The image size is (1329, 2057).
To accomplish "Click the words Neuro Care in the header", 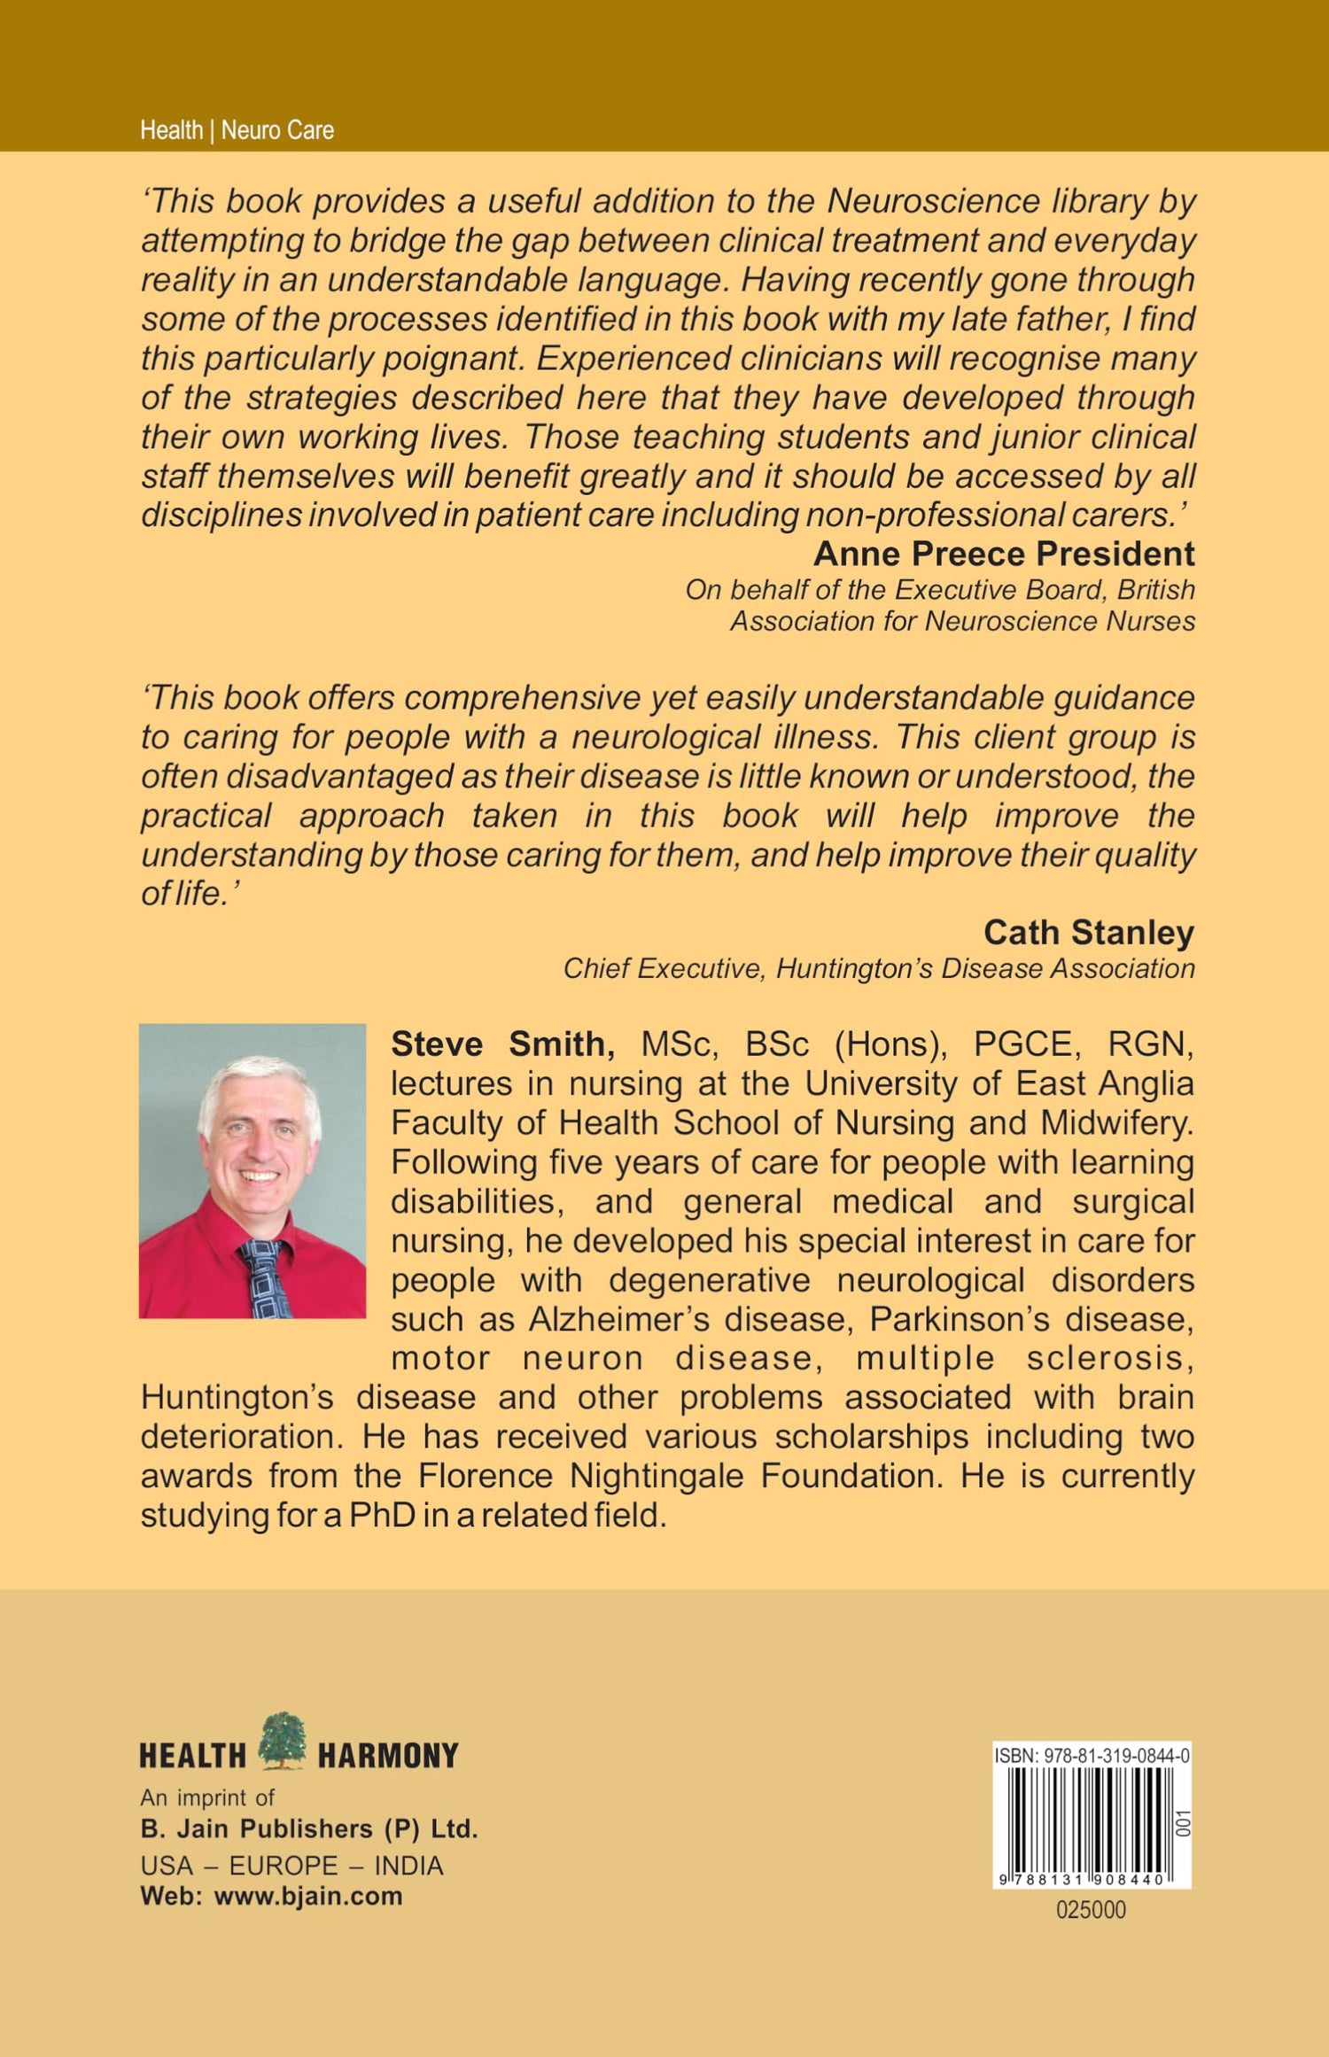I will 277,130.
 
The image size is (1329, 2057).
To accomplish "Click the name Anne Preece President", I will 1004,554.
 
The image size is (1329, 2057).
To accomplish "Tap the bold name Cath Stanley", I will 1089,932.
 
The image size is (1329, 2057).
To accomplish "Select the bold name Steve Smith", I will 502,1044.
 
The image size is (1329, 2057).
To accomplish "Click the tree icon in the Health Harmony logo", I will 283,1740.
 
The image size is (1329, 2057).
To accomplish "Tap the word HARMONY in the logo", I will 388,1755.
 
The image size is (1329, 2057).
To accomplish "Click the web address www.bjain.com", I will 308,1896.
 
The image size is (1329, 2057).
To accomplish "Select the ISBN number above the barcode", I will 1092,1754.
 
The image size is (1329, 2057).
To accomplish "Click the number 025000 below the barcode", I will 1091,1910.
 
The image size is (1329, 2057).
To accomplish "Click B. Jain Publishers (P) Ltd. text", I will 309,1828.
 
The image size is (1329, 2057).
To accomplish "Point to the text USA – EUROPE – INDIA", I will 291,1866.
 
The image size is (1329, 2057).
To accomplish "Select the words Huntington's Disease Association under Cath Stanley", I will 985,968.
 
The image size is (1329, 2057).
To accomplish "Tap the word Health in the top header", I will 171,130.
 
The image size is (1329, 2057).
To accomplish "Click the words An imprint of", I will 207,1797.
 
